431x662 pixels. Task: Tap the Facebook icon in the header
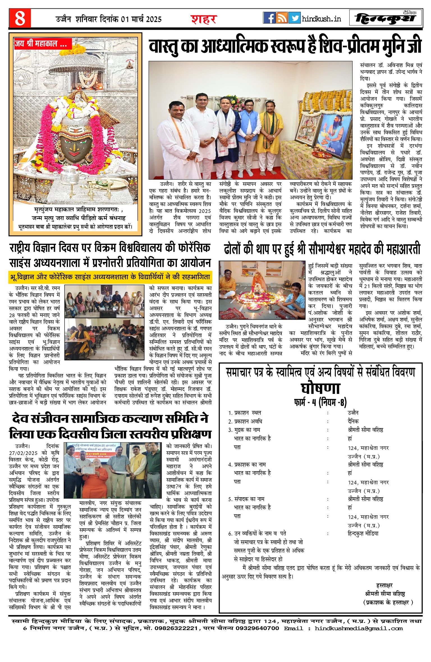tap(269, 18)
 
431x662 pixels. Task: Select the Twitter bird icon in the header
tap(294, 18)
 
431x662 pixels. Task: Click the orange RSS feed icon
tap(282, 18)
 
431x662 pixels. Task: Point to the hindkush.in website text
tap(321, 19)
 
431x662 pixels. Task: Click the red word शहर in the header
tap(204, 19)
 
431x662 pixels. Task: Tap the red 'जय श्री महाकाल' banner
tap(42, 44)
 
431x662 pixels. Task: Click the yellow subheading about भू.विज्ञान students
tap(110, 277)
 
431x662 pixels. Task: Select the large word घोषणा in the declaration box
tap(320, 389)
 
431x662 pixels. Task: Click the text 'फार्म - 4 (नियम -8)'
tap(320, 402)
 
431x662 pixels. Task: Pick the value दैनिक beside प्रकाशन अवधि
tap(353, 421)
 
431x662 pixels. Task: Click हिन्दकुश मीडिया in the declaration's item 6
tap(363, 534)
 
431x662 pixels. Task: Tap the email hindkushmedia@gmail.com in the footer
tap(359, 628)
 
